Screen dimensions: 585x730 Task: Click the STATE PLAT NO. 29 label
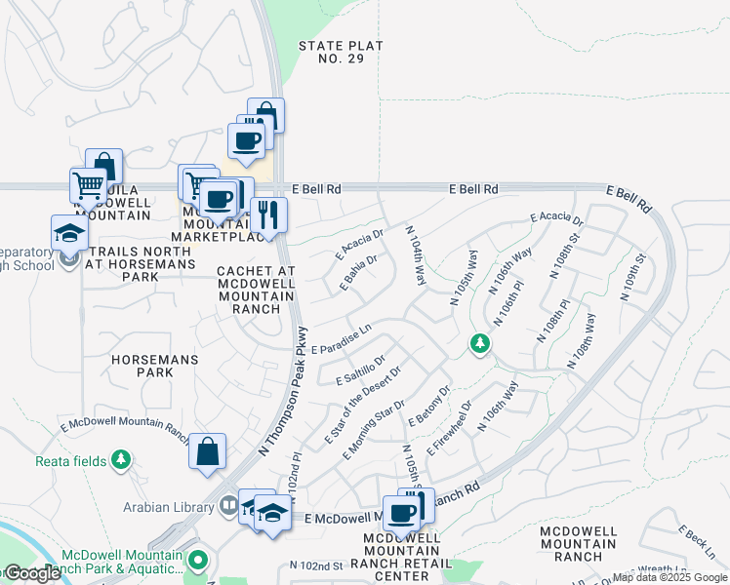tap(341, 53)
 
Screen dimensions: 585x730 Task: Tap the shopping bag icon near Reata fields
tap(207, 451)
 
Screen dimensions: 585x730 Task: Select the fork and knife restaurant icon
tap(266, 214)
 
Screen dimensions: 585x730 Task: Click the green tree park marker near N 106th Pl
tap(479, 344)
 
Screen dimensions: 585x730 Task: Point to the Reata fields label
tap(71, 460)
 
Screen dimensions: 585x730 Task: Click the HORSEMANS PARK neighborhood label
tap(155, 367)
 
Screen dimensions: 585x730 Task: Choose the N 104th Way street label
tap(417, 255)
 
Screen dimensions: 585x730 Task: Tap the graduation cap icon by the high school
tap(69, 233)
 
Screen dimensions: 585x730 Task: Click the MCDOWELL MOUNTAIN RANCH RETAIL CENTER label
tap(402, 556)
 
